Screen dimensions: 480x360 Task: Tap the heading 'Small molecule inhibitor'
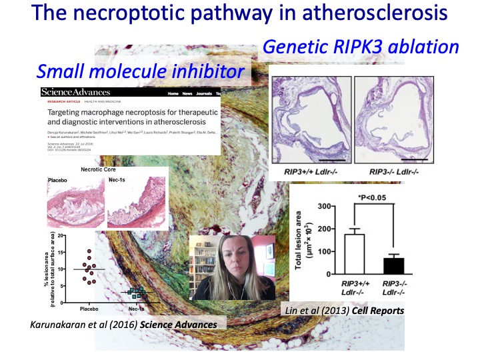pos(140,70)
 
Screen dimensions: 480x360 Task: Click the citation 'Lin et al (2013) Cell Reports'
pos(346,310)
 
